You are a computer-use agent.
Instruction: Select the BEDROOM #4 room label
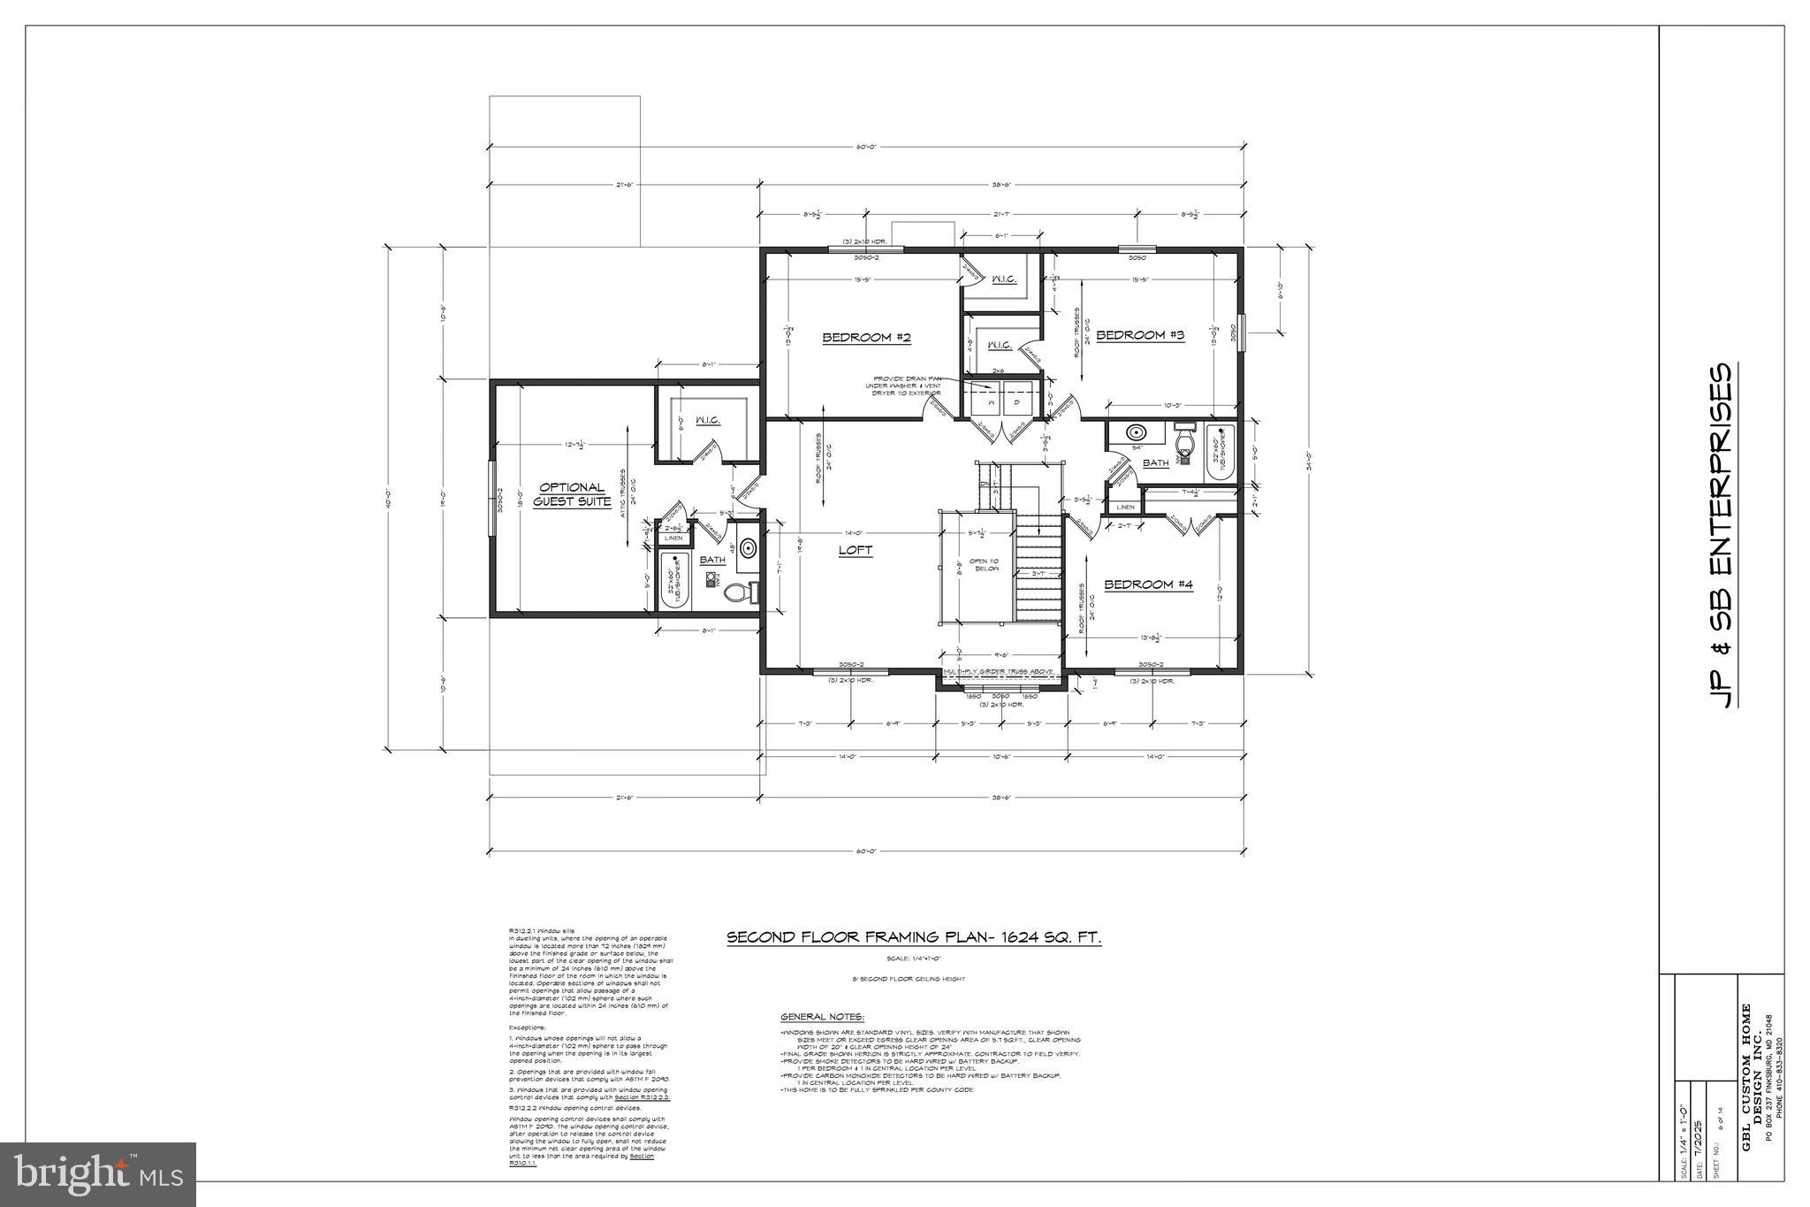1148,584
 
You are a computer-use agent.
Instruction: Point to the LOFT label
855,550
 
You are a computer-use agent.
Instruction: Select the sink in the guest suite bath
748,549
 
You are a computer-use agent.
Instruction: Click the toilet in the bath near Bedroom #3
1184,439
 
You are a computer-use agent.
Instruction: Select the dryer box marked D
1017,402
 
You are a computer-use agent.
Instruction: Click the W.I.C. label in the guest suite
707,420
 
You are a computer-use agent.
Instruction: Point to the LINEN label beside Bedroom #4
1125,507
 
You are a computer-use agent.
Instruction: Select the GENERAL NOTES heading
822,1017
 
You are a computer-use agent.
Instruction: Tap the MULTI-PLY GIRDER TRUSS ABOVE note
999,671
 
